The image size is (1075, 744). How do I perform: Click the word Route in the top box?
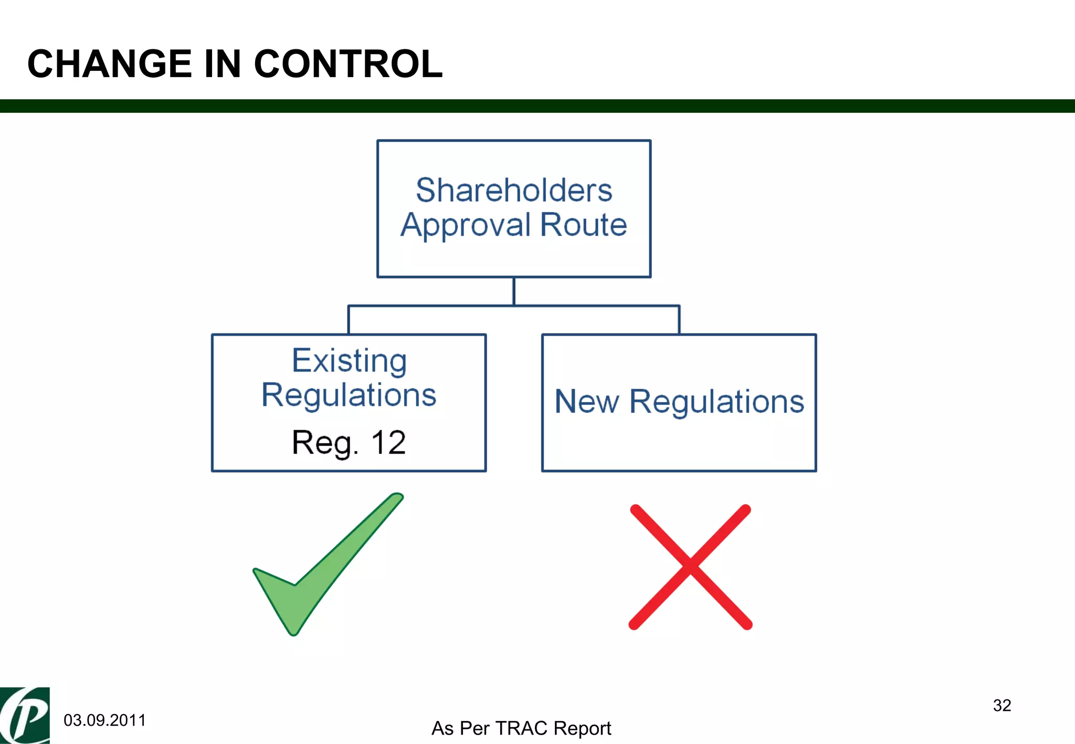[x=583, y=225]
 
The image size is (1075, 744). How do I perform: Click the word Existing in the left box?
[x=349, y=361]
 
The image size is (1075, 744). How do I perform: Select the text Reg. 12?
[x=349, y=443]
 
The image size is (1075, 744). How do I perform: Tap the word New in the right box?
[x=586, y=402]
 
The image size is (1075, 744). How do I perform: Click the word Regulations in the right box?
[x=716, y=402]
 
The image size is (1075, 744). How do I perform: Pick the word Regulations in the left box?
[x=349, y=395]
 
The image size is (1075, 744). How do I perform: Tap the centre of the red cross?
[x=690, y=567]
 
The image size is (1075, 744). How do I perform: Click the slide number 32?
[x=1002, y=705]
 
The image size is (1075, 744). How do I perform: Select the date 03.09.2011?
[x=104, y=720]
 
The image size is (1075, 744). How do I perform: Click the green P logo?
[x=25, y=716]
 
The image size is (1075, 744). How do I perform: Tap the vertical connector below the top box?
[x=514, y=291]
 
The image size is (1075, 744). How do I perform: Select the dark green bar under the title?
[x=537, y=106]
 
